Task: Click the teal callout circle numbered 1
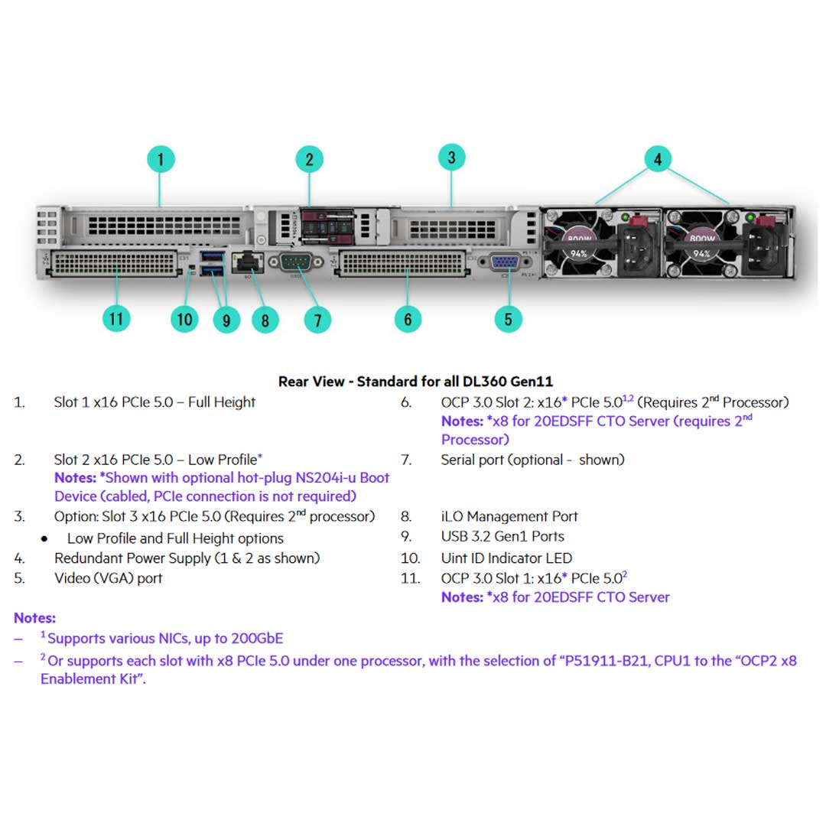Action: [x=161, y=160]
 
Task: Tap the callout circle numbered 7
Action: [x=317, y=319]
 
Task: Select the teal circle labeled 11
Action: [x=115, y=317]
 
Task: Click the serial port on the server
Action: [x=294, y=263]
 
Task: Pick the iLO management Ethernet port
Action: [x=247, y=262]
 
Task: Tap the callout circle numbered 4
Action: [x=657, y=160]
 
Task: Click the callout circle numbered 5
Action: [x=508, y=319]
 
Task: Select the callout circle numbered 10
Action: [x=184, y=318]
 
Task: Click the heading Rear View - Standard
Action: [x=415, y=381]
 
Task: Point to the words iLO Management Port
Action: [x=509, y=516]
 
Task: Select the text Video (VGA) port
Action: [x=108, y=578]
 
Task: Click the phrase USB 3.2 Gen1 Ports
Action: [x=502, y=536]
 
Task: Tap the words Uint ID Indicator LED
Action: [x=506, y=558]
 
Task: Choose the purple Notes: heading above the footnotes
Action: [x=34, y=618]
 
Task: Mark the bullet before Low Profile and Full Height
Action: [x=44, y=539]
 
